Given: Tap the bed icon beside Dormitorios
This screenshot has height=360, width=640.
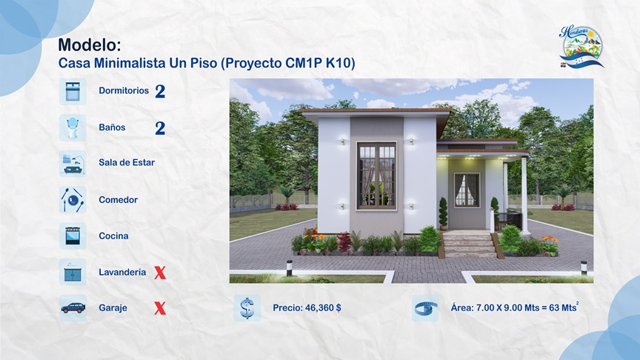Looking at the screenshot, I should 73,91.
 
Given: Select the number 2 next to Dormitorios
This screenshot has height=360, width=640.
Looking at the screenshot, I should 160,92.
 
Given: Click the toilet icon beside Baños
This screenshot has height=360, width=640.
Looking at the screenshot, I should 73,127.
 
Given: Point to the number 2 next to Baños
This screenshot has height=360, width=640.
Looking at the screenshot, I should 160,128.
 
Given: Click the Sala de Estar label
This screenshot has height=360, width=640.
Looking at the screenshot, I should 127,163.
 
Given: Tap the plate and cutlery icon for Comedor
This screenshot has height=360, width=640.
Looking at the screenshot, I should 73,199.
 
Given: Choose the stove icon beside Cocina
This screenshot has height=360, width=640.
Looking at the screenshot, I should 73,236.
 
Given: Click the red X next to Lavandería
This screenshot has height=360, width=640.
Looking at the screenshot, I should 160,273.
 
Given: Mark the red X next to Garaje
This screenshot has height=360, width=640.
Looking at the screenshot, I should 160,309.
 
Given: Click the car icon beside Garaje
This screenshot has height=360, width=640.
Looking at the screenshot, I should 73,308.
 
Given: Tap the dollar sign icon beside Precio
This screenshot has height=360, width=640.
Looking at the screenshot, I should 247,308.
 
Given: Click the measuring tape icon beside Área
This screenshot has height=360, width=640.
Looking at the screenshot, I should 425,308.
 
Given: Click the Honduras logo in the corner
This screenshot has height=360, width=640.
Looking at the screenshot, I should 581,46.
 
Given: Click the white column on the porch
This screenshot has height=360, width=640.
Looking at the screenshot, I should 524,195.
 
